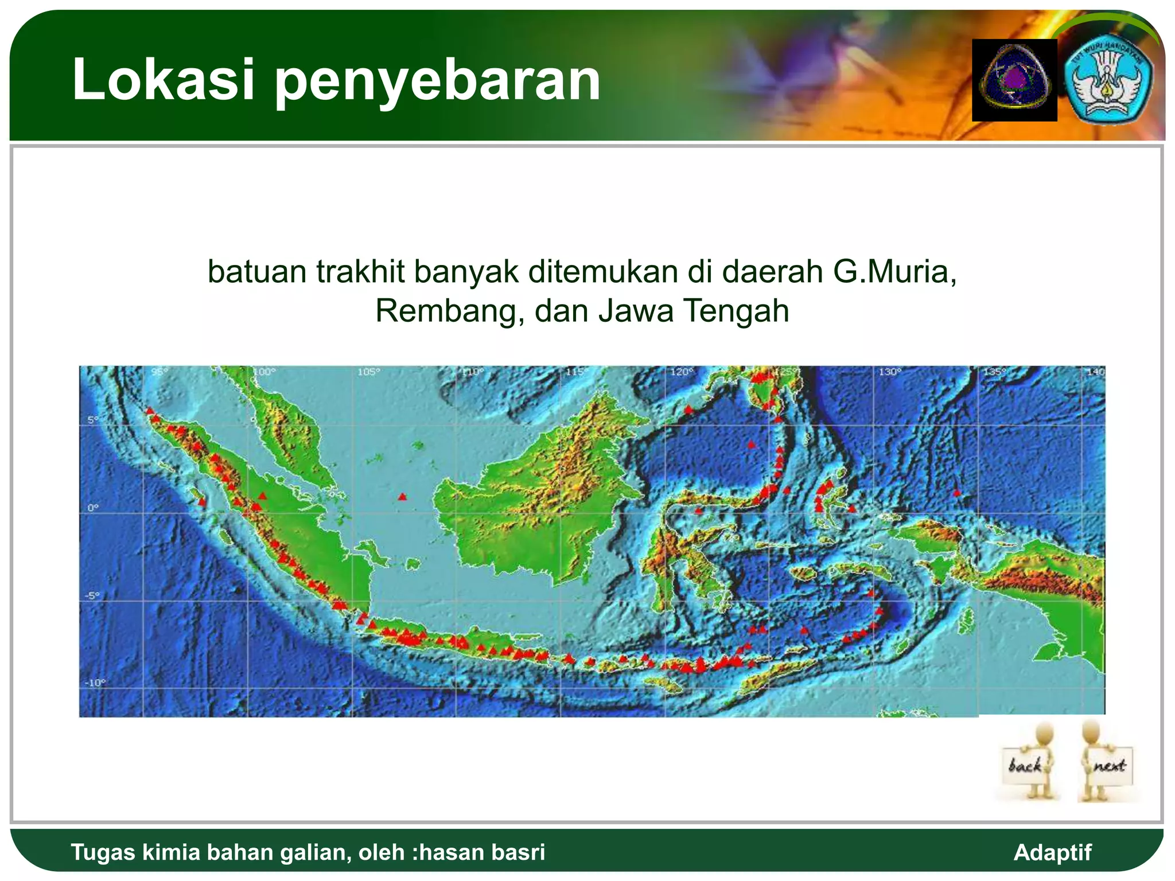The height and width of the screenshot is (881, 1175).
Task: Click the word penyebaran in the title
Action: pyautogui.click(x=437, y=81)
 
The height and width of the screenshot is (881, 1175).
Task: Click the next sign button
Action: pyautogui.click(x=1108, y=765)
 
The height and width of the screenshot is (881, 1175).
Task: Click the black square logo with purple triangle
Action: pyautogui.click(x=1014, y=80)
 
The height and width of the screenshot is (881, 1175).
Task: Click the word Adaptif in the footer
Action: pyautogui.click(x=1052, y=852)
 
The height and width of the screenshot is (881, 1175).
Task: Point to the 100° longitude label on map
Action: pyautogui.click(x=264, y=372)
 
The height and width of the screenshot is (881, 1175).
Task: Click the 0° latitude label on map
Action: pyautogui.click(x=93, y=508)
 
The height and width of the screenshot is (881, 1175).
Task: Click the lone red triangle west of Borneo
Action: pyautogui.click(x=402, y=497)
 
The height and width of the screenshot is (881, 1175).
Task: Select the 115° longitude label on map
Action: pyautogui.click(x=576, y=372)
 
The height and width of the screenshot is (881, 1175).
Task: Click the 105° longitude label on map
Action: pyautogui.click(x=368, y=372)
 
